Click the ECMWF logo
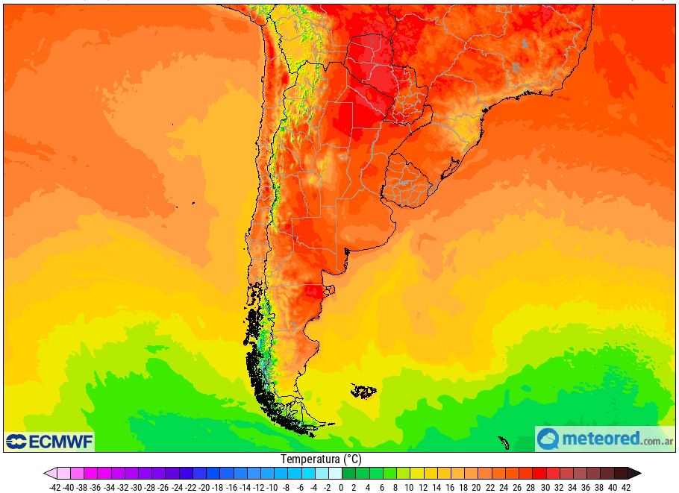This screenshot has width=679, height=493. [x=49, y=442]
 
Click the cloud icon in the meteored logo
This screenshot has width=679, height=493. [x=548, y=439]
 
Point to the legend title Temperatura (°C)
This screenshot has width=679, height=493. [x=321, y=459]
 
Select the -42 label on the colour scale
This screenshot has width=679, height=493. [x=54, y=487]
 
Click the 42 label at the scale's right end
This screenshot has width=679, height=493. [x=626, y=487]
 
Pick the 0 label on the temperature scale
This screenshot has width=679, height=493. [x=341, y=487]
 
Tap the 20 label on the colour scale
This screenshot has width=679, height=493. [x=476, y=487]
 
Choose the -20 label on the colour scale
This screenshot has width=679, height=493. [x=204, y=487]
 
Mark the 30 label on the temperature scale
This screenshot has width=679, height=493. [x=545, y=487]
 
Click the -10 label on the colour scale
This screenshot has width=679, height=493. [x=272, y=487]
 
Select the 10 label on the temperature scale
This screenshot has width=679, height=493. [x=408, y=487]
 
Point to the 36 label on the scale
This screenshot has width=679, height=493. [x=586, y=487]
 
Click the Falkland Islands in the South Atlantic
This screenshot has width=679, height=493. [x=364, y=391]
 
